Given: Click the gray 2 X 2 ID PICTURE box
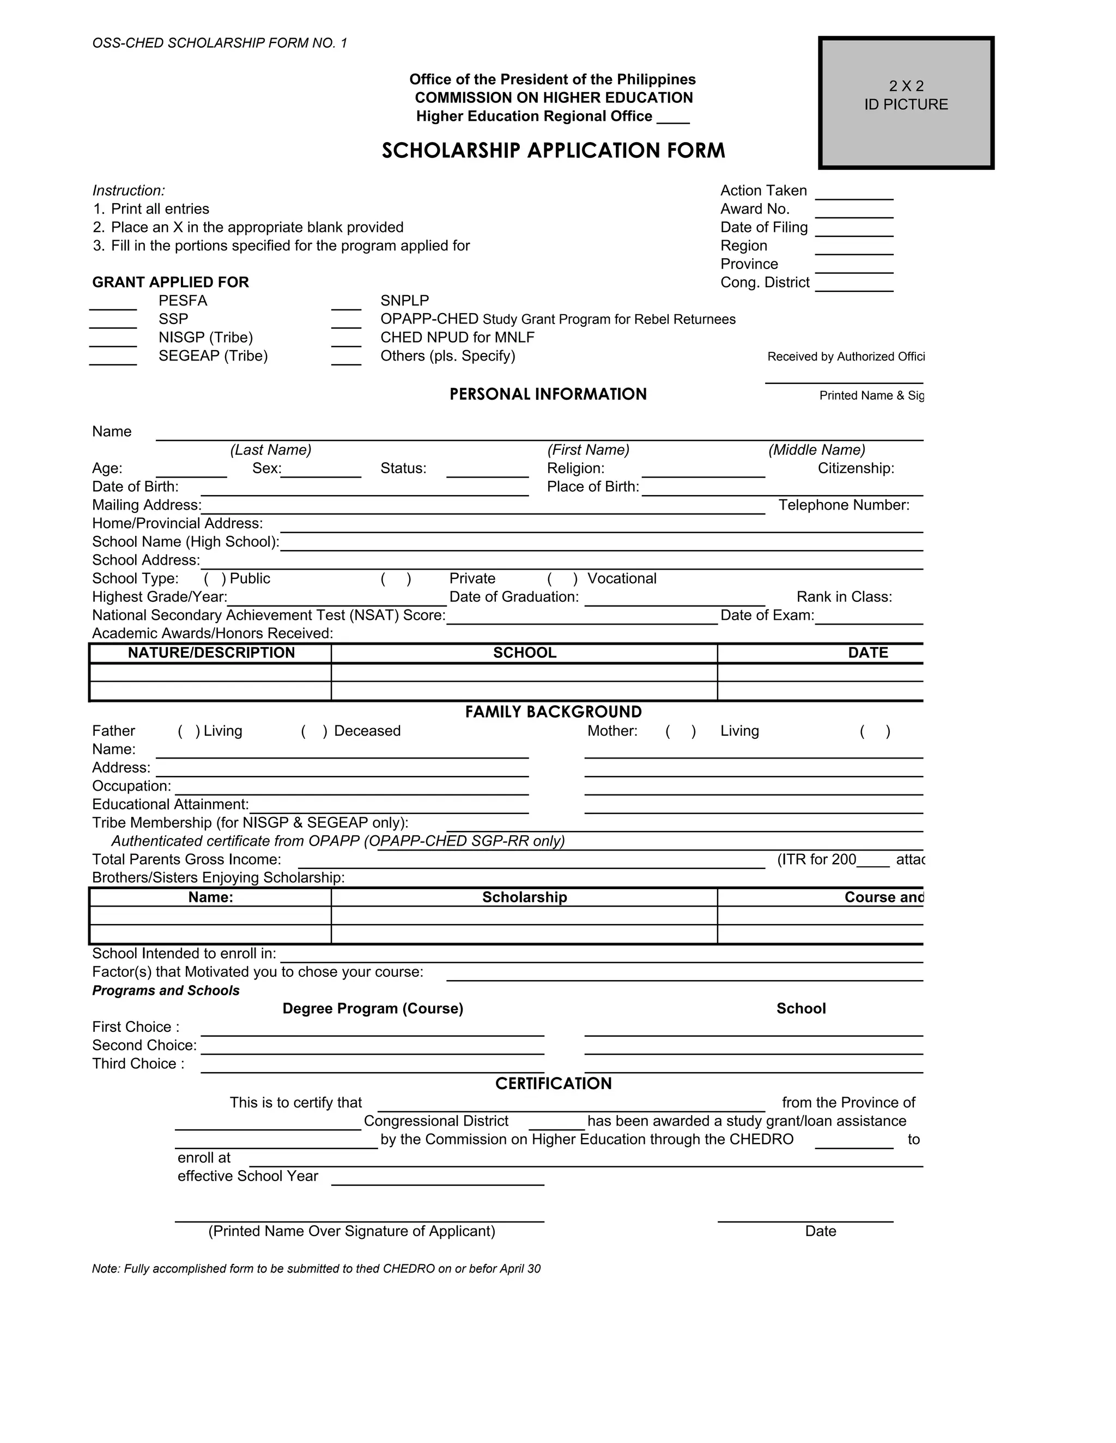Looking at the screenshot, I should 906,103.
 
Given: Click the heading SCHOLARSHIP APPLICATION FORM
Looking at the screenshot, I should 554,151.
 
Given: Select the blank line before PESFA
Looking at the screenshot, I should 113,305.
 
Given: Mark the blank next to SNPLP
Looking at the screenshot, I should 346,305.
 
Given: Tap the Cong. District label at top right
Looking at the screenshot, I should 765,283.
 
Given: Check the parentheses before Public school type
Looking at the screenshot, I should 215,579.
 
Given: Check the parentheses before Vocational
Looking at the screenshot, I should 562,579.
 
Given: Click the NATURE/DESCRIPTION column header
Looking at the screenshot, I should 211,653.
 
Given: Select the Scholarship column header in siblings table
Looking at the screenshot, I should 524,897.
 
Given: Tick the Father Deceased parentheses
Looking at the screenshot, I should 314,731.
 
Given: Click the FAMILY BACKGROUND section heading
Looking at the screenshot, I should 554,712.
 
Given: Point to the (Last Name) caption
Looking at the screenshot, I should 270,450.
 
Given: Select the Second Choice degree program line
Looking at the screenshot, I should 372,1050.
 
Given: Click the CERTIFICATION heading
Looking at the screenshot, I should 554,1084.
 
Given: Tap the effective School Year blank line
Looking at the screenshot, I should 437,1181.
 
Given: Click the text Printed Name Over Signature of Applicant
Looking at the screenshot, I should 351,1232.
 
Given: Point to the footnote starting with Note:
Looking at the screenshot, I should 316,1269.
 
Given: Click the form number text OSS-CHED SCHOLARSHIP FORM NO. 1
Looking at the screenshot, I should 220,44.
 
